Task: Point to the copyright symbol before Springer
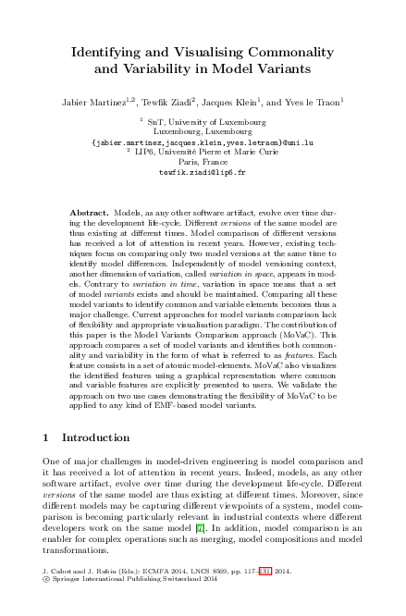point(47,582)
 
